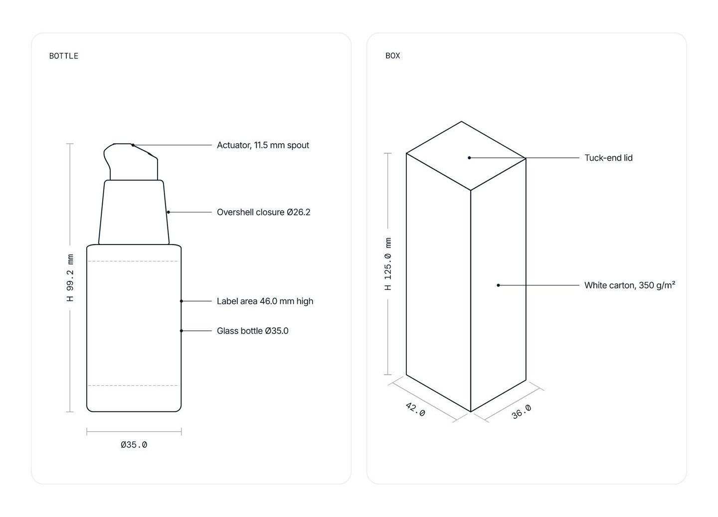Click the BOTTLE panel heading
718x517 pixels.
tap(63, 56)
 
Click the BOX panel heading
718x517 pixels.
tap(393, 56)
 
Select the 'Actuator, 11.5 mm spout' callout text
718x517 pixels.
tap(263, 145)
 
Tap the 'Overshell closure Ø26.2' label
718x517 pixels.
tap(263, 212)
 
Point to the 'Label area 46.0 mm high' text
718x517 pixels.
tap(265, 301)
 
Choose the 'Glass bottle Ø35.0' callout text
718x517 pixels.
tap(253, 331)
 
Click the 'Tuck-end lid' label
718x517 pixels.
tap(608, 158)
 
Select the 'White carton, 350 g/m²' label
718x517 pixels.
tap(630, 285)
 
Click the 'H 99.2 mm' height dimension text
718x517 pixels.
tap(70, 278)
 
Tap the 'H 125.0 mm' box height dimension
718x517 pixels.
tap(388, 264)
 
